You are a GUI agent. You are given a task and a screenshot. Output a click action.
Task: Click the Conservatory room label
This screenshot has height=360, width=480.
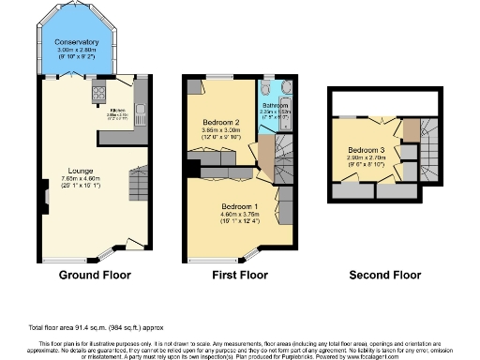click(76, 42)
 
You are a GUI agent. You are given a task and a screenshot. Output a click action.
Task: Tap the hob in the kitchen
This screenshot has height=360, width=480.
click(98, 93)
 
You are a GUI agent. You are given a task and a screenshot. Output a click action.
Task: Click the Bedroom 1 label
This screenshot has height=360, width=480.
click(239, 205)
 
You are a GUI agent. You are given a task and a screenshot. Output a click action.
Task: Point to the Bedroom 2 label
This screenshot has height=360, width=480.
click(222, 123)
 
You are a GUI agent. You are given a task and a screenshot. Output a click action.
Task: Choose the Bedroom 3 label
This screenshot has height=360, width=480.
click(367, 150)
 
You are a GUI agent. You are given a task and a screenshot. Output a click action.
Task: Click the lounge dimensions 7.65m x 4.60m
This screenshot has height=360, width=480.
click(80, 179)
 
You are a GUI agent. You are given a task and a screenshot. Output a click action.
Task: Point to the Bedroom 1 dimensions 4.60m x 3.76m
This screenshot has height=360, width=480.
click(239, 214)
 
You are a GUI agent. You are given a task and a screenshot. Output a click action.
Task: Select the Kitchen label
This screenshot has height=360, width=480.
click(119, 111)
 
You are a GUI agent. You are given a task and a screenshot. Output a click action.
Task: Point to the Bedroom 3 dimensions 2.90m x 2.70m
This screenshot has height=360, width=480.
click(367, 158)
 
